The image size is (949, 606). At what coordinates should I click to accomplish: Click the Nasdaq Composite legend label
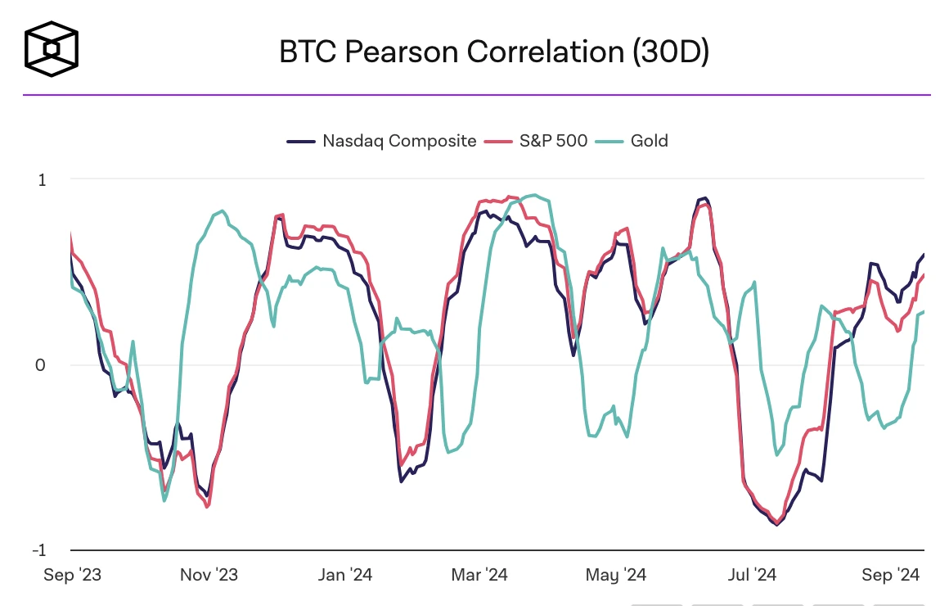click(x=399, y=141)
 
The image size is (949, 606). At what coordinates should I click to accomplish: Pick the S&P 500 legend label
click(x=553, y=141)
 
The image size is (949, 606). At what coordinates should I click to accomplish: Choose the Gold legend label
click(x=649, y=141)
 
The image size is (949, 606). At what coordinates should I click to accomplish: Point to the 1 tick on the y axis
click(x=41, y=179)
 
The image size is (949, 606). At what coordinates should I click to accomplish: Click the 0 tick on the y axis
click(x=40, y=365)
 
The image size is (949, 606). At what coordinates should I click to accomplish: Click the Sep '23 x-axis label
click(x=72, y=575)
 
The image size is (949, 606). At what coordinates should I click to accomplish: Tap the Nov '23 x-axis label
click(x=209, y=575)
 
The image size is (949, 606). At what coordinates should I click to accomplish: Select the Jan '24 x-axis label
click(x=344, y=575)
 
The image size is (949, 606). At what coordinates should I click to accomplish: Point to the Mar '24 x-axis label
click(x=479, y=575)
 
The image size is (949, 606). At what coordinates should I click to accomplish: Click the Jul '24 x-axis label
click(x=749, y=575)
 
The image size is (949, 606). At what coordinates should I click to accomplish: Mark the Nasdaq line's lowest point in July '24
click(x=776, y=524)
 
